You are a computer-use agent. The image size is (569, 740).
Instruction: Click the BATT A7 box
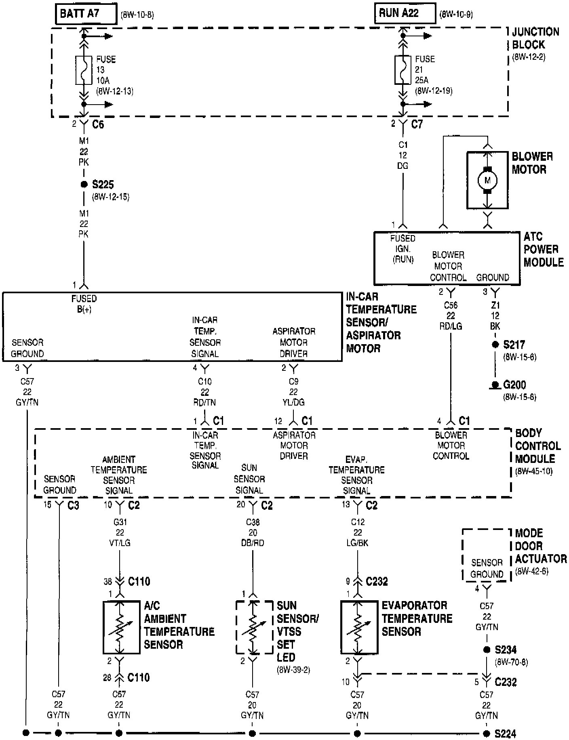tap(86, 14)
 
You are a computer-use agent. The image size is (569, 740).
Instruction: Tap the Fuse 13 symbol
tap(84, 70)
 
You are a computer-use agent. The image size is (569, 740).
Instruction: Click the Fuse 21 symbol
tap(403, 70)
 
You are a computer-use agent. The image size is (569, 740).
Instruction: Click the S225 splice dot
tap(84, 185)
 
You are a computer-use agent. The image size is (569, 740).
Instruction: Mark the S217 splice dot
tap(495, 345)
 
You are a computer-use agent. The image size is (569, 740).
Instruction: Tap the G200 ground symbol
tap(495, 385)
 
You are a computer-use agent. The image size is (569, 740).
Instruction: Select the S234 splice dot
tap(487, 650)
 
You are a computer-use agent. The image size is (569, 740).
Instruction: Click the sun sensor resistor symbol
tap(253, 627)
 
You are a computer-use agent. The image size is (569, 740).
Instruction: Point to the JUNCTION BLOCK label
tap(535, 38)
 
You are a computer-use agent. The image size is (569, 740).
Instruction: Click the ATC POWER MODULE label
tap(543, 249)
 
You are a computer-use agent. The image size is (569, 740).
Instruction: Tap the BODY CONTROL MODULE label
tap(537, 446)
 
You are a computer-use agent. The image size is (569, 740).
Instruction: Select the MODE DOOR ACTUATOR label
tap(540, 546)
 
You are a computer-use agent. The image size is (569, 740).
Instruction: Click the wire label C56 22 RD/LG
tap(451, 316)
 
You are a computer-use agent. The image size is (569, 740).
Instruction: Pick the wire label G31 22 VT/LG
tap(120, 532)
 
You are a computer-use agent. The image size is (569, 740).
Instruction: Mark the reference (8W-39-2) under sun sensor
tap(293, 670)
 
